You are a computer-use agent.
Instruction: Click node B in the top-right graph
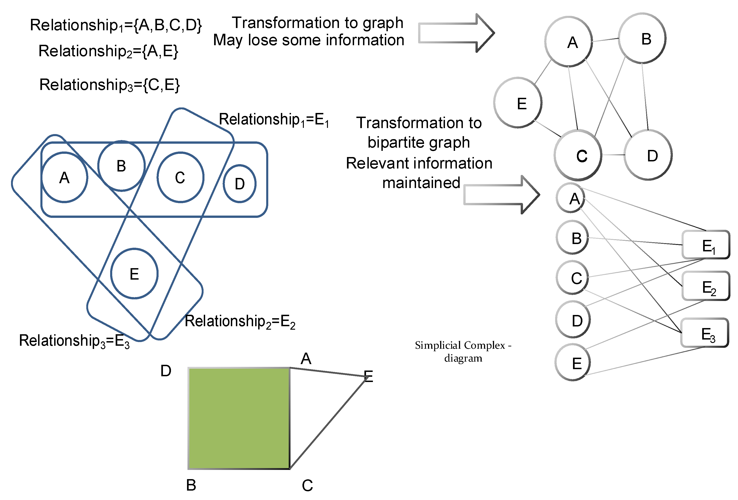tap(642, 38)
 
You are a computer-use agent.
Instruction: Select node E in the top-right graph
tap(518, 103)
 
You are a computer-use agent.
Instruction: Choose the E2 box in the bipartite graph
tap(706, 286)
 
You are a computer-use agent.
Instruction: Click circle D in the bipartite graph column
tap(573, 320)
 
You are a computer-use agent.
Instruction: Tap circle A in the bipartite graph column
tap(571, 198)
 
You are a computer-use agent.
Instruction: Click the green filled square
tap(239, 418)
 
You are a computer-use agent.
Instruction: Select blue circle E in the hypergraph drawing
tap(134, 273)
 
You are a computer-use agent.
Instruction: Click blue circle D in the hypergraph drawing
tap(240, 184)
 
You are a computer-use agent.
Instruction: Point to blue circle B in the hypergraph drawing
tap(121, 166)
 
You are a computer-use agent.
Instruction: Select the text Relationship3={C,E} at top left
tap(109, 85)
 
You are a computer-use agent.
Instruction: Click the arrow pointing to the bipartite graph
tap(501, 194)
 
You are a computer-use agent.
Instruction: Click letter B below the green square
tap(191, 485)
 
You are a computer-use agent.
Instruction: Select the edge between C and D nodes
tap(613, 155)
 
